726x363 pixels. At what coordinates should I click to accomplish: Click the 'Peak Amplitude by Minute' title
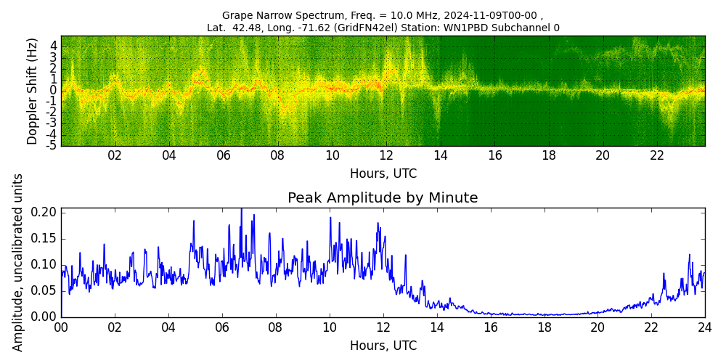point(383,198)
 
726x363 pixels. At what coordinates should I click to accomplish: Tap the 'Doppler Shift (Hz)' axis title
point(33,91)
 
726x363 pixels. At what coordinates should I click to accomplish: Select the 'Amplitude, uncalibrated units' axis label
point(18,262)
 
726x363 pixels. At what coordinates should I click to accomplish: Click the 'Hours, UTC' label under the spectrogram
point(383,174)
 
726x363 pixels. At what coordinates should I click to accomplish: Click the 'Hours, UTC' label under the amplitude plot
point(383,346)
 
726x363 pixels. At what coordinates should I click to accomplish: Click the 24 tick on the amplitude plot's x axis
point(704,327)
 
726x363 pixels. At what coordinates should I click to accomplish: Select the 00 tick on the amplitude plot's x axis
point(61,327)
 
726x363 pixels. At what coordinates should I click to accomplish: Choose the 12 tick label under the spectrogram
point(386,155)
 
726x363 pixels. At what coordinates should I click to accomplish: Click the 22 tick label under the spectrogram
point(657,155)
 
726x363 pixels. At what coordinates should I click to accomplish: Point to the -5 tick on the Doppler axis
point(52,145)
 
